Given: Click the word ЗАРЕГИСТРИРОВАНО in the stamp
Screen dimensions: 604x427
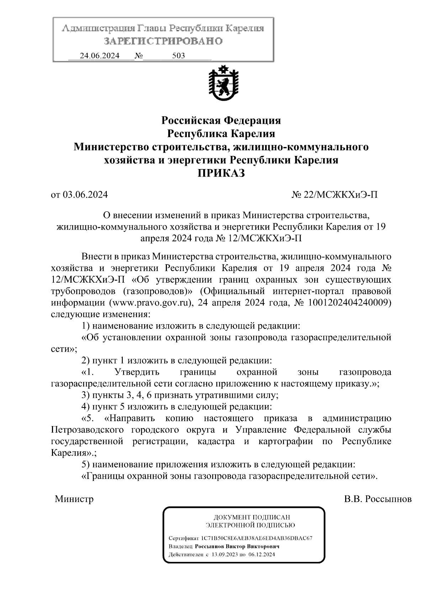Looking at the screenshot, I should (x=163, y=41).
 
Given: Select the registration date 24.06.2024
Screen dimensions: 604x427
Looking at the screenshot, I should (x=100, y=56).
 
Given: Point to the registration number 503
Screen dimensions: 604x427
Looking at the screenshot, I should (x=178, y=56).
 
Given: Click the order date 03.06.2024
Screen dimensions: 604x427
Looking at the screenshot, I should (x=85, y=195).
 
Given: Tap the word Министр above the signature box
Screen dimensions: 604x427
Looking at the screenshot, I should (x=74, y=499).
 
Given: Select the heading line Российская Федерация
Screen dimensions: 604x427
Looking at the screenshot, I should (x=221, y=121).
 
